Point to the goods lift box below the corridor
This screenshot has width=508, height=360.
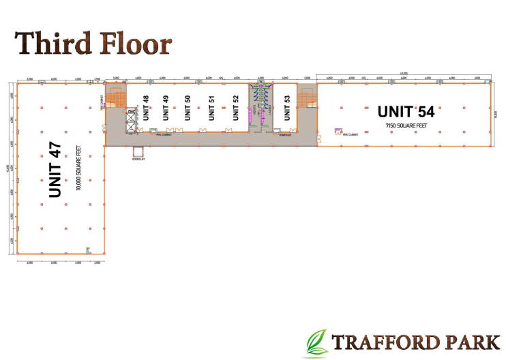point(138,153)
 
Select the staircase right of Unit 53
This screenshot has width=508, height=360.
point(306,99)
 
